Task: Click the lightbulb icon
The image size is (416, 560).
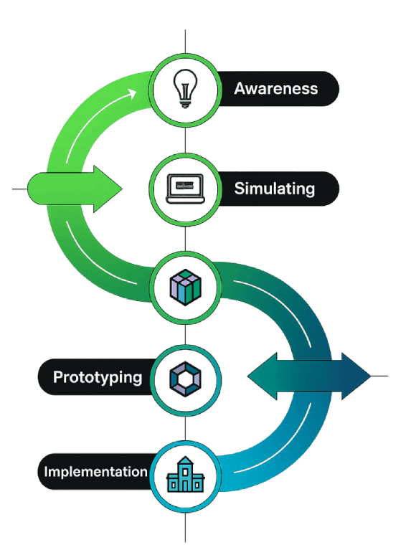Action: tap(186, 89)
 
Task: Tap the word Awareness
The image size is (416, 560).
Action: tap(275, 89)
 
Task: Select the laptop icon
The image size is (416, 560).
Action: tap(186, 189)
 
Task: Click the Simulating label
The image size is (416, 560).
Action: tap(274, 189)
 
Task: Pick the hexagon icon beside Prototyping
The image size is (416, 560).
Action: tap(186, 377)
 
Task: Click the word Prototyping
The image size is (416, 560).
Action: tap(98, 377)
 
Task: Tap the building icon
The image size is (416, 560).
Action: tap(186, 476)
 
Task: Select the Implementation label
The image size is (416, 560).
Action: tap(95, 472)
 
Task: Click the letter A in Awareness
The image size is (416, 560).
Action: tap(240, 89)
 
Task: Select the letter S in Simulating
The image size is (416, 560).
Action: tap(240, 189)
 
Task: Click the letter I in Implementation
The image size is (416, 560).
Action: tap(47, 472)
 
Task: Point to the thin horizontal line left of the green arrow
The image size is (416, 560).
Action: tap(20, 189)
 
